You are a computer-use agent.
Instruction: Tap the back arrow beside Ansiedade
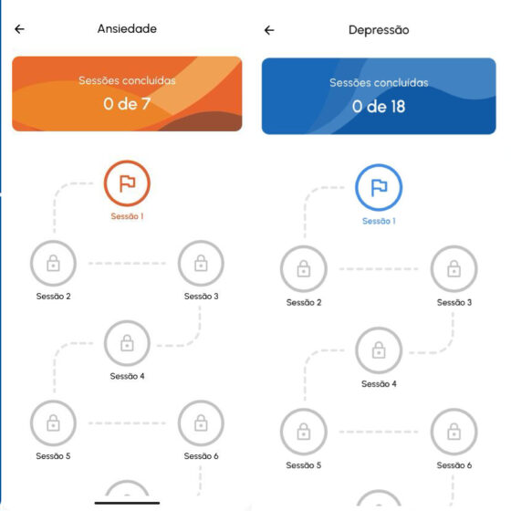tap(19, 29)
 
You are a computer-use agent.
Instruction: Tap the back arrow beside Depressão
tap(269, 31)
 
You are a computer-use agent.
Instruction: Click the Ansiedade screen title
tap(127, 29)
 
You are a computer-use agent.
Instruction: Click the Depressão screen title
tap(379, 30)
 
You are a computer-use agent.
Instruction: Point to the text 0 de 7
tap(127, 104)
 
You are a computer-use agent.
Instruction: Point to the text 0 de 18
tap(379, 107)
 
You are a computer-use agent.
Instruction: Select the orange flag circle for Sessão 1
tap(127, 183)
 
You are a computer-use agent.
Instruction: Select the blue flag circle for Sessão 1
tap(379, 188)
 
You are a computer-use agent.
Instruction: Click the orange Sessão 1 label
tap(127, 216)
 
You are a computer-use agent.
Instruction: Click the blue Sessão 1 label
tap(379, 221)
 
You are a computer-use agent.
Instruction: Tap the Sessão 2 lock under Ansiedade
tap(53, 264)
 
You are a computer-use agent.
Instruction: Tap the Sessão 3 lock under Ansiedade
tap(201, 264)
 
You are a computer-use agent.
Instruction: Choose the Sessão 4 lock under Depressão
tap(379, 350)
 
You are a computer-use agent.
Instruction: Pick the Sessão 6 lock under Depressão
tap(454, 432)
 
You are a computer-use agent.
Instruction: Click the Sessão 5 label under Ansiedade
tap(53, 456)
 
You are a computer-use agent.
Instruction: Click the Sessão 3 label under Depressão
tap(454, 303)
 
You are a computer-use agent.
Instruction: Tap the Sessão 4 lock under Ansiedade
tap(127, 343)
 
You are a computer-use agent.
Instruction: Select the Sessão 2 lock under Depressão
tap(304, 269)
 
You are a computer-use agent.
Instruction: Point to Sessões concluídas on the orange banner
tap(127, 80)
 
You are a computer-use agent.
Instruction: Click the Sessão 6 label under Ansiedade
tap(201, 456)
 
